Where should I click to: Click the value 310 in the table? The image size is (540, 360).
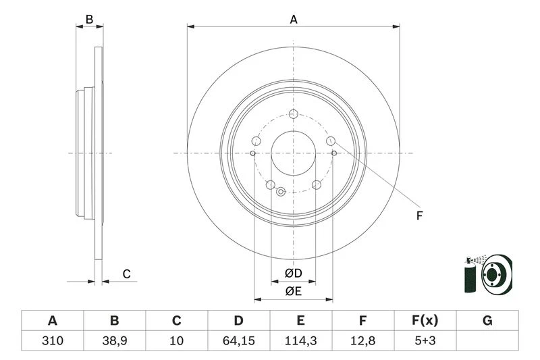click(x=53, y=340)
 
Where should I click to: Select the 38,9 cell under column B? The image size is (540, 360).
click(x=115, y=340)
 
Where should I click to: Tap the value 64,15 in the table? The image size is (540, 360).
click(x=239, y=340)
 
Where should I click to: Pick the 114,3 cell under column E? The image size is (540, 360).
click(x=300, y=340)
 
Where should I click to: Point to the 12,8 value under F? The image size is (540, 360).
click(x=362, y=340)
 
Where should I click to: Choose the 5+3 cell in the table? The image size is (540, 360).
click(x=425, y=340)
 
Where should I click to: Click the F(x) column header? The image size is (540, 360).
click(x=425, y=321)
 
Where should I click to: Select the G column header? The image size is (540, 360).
click(x=487, y=321)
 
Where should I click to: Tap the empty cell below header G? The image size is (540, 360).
click(x=487, y=340)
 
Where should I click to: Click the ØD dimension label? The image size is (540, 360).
click(x=294, y=274)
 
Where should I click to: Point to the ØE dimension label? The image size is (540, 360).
click(x=294, y=292)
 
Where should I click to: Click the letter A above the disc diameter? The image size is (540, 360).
click(x=294, y=20)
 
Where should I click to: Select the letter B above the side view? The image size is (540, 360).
click(x=89, y=20)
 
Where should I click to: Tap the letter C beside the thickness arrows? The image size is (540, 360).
click(x=127, y=274)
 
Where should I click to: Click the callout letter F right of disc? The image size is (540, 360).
click(x=419, y=216)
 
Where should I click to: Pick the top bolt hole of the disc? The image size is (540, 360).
click(x=294, y=113)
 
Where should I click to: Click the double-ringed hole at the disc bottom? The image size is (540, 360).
click(x=281, y=192)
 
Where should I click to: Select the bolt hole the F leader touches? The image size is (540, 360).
click(x=331, y=140)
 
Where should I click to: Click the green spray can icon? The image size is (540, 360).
click(x=470, y=275)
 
